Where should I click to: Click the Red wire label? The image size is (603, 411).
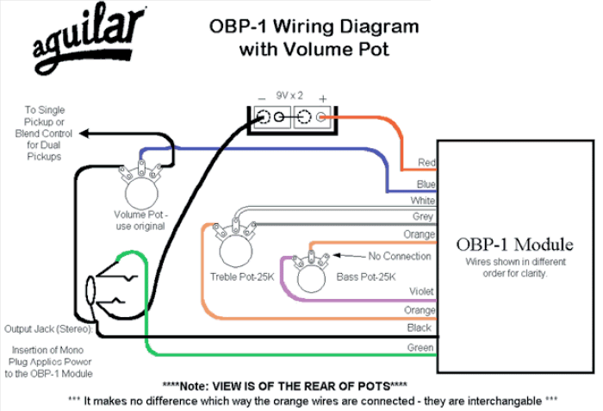(426, 162)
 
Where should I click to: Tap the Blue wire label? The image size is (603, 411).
(426, 184)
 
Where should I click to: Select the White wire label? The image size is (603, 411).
(423, 201)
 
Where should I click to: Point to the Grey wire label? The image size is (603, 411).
(423, 216)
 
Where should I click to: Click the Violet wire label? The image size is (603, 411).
(421, 291)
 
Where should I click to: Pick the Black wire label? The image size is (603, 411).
(420, 328)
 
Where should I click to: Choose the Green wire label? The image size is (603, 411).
(420, 347)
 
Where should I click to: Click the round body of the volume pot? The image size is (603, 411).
(141, 193)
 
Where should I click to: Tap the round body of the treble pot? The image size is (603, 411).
(236, 251)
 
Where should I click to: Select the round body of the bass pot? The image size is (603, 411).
(312, 277)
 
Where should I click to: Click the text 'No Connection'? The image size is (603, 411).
(400, 256)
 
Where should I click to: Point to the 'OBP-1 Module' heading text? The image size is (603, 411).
(514, 245)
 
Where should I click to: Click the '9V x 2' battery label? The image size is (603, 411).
(289, 96)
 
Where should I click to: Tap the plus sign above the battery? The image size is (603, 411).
(323, 99)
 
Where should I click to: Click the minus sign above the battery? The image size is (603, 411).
(261, 99)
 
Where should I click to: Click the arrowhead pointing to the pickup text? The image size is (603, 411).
(84, 134)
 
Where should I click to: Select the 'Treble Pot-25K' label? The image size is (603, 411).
(242, 277)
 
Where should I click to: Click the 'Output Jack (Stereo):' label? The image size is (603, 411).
(49, 329)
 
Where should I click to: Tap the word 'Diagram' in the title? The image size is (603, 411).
(378, 27)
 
